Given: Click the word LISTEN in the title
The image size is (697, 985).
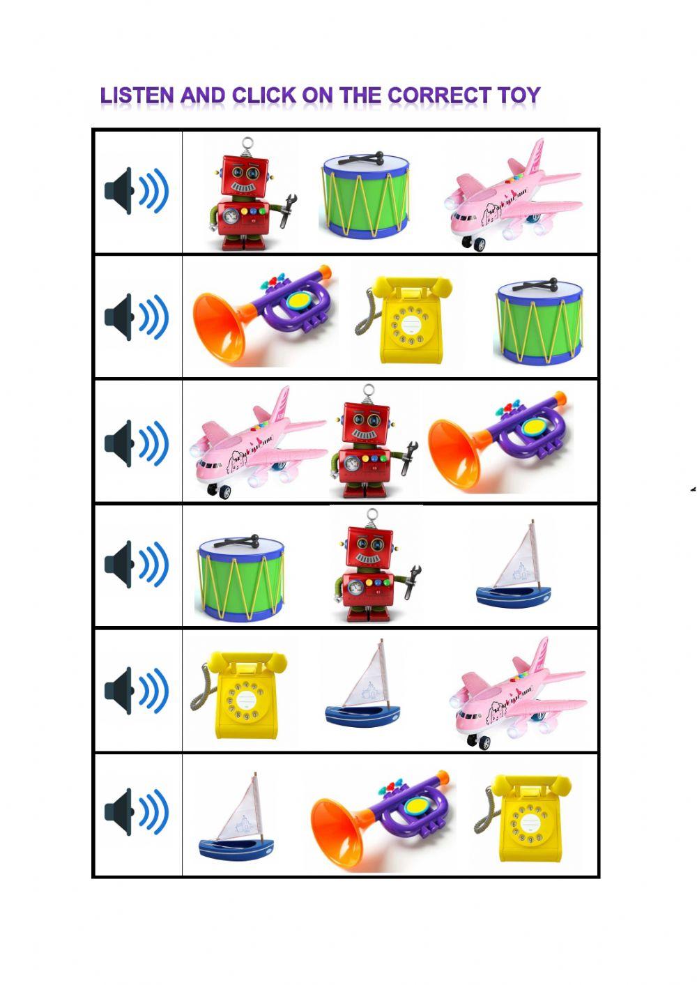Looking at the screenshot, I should click(x=137, y=96).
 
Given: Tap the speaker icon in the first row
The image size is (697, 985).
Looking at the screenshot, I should click(x=137, y=191).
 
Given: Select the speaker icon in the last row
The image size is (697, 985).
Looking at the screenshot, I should click(x=137, y=812).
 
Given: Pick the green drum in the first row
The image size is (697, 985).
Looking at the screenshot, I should click(x=365, y=195).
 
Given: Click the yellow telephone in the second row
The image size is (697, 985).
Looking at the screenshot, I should click(x=404, y=319).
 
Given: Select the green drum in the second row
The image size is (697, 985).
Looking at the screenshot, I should click(x=539, y=322).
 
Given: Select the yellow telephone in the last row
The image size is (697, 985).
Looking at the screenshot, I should click(x=526, y=812).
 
